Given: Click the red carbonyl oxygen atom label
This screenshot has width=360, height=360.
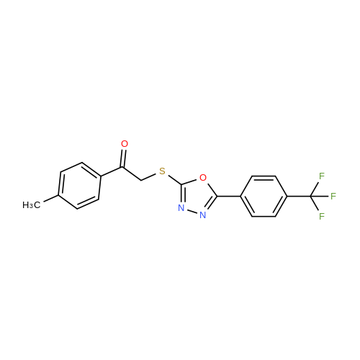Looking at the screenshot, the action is (x=125, y=144).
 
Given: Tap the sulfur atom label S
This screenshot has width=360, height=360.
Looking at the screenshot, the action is (x=162, y=171).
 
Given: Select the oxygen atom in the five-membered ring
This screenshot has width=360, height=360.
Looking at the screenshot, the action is (x=203, y=178).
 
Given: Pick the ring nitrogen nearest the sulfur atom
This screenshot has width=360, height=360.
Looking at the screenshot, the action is (x=181, y=208).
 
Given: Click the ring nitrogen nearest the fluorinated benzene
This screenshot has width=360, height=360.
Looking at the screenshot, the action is (x=203, y=215).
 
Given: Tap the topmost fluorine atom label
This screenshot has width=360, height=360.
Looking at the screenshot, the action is (x=322, y=176).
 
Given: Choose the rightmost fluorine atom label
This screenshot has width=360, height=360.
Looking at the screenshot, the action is (x=333, y=197).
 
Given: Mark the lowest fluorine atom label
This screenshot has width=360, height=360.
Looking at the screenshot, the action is (x=322, y=216).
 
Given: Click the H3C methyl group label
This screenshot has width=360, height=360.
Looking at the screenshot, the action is (x=32, y=205).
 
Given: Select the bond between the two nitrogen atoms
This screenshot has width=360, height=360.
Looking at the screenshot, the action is (x=192, y=212).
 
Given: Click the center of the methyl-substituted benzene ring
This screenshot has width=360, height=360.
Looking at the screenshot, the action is (x=79, y=186).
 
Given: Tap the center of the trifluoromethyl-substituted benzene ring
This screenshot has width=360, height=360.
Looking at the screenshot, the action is (x=264, y=197).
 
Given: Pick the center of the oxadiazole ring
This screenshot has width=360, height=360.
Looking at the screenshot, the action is (x=197, y=197).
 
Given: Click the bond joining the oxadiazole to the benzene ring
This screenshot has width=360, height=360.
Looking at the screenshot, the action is (x=229, y=197).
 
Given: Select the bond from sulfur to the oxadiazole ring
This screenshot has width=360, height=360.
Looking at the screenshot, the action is (x=176, y=180).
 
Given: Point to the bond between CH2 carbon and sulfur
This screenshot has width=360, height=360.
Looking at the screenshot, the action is (x=149, y=176).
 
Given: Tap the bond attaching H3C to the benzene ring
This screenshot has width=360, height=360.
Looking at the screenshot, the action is (x=50, y=199).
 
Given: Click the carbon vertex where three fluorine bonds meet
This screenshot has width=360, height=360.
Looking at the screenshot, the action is (x=310, y=197).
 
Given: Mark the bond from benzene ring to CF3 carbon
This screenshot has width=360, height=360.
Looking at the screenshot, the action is (x=299, y=197).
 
